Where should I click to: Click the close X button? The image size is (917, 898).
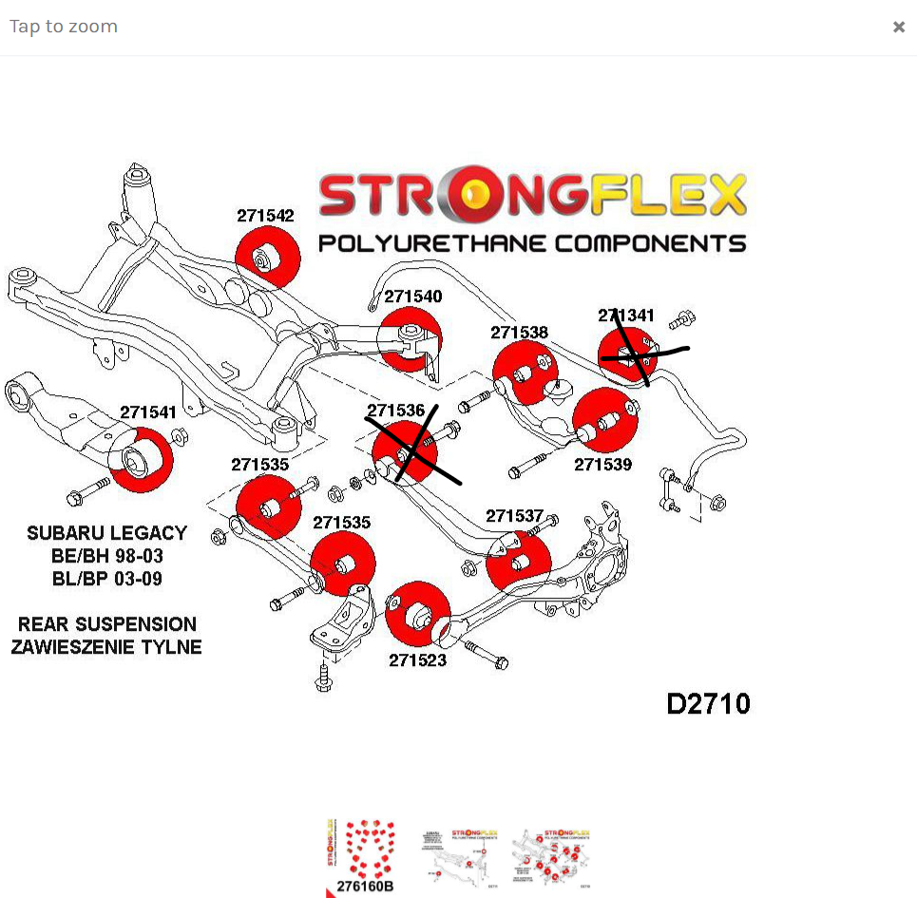coord(898,27)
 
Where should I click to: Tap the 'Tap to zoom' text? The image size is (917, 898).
coord(64,27)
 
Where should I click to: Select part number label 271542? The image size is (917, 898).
coord(265,216)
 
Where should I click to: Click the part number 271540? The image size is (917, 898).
coord(412,296)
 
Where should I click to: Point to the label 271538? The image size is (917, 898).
coord(519,333)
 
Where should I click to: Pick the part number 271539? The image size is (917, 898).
coord(602,465)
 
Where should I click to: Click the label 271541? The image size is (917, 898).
coord(148,412)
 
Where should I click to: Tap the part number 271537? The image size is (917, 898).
coord(514,516)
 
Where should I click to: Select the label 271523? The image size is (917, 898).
coord(417,659)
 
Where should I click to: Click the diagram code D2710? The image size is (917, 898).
coord(708,704)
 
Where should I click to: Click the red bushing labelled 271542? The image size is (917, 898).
coord(267,256)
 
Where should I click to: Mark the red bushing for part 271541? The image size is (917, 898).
coord(143,461)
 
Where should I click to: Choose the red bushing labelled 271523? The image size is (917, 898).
coord(417,615)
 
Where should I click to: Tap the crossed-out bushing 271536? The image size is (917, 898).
coord(404,450)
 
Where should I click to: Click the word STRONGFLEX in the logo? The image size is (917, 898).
coord(532,197)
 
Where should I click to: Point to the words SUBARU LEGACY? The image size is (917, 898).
coord(106,533)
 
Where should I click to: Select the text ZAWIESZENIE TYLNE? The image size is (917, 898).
coord(106,647)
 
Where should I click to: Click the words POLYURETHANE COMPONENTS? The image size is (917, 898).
coord(532,243)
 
